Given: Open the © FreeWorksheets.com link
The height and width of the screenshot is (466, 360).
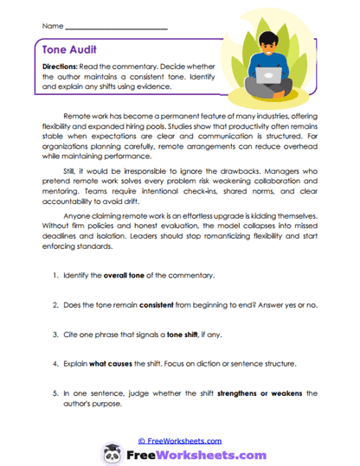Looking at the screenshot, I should pyautogui.click(x=179, y=440).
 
